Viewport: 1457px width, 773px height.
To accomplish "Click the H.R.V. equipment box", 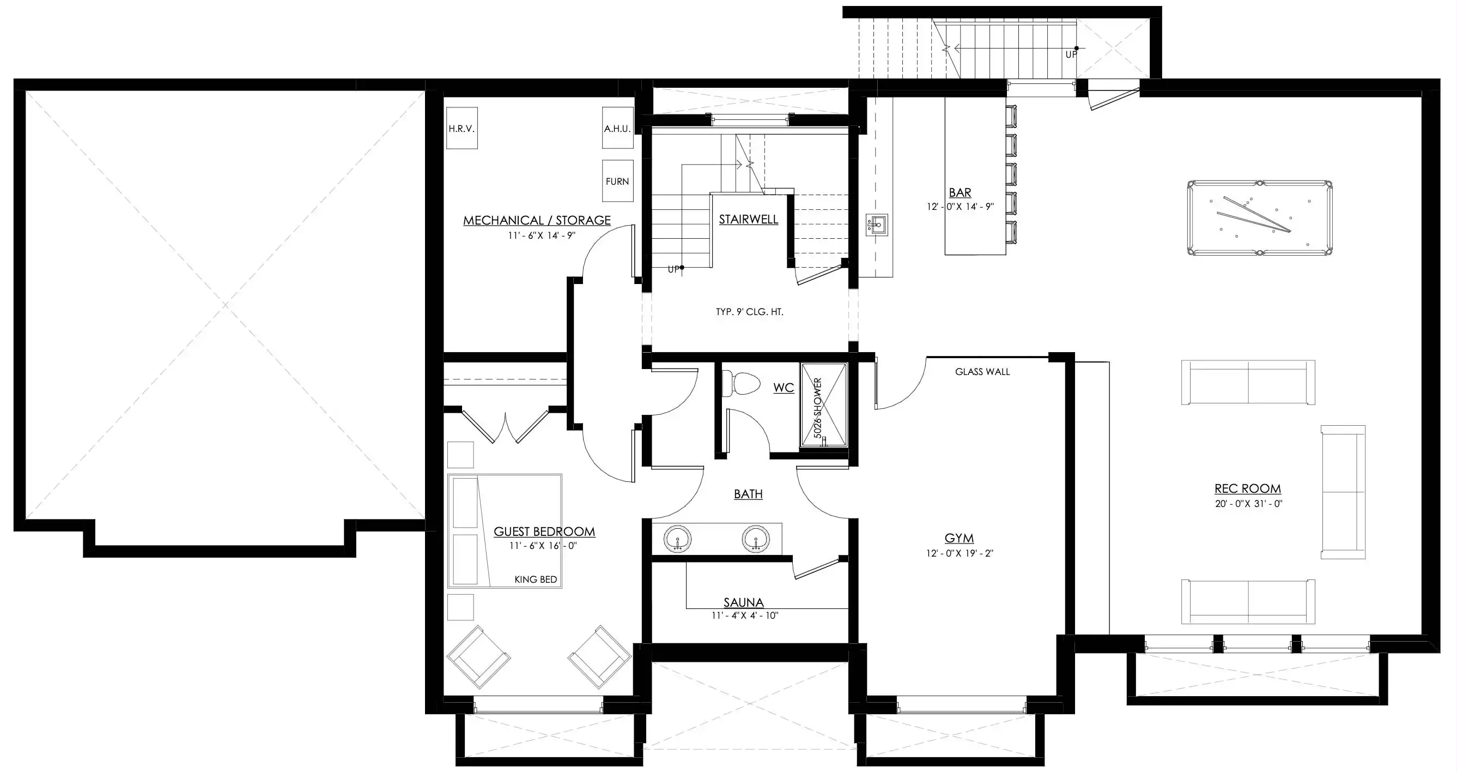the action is (x=462, y=129).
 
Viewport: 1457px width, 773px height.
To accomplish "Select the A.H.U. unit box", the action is (x=617, y=129).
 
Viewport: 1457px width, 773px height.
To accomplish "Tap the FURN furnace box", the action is (x=617, y=181).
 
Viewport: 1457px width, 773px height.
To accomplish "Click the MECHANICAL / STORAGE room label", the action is (x=537, y=220).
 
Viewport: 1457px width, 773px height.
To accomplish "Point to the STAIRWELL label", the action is (x=748, y=220).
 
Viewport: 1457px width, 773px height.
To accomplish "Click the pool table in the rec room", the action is (x=1259, y=219).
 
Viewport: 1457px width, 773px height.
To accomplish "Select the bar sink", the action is (x=877, y=225).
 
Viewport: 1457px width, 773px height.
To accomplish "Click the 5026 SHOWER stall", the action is (x=823, y=405).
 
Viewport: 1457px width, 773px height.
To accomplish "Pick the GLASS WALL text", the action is (x=982, y=372).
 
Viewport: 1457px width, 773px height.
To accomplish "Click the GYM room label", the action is (x=960, y=538).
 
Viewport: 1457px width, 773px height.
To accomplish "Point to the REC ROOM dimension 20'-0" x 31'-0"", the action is (x=1248, y=504).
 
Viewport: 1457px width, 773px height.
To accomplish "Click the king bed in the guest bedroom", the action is (x=505, y=531).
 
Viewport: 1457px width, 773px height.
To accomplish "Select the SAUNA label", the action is (x=744, y=603).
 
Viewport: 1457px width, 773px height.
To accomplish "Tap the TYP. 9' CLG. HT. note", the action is (x=749, y=312).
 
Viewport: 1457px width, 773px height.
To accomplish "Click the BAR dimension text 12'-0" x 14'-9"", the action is (x=960, y=207).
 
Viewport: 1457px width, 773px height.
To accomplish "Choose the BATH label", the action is (x=748, y=494).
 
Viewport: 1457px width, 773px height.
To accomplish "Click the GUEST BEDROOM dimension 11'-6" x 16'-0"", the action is (x=543, y=546).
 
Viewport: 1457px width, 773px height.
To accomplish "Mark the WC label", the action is (x=784, y=388).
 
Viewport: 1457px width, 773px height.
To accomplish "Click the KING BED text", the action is (x=536, y=579).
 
